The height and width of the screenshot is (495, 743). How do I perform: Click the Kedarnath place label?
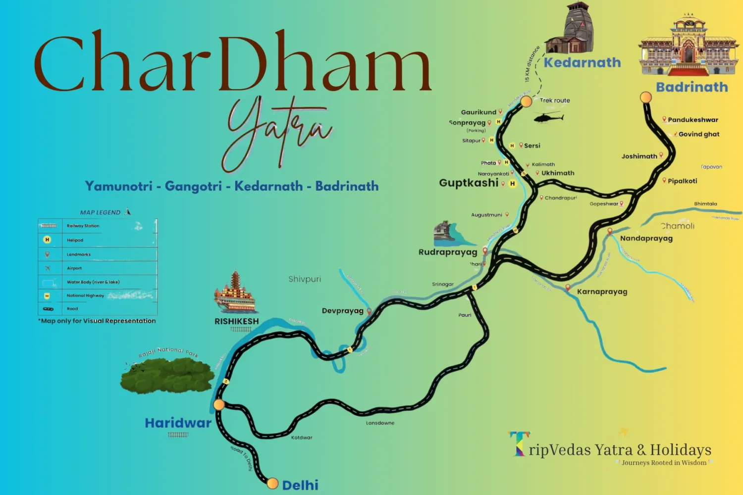pyautogui.click(x=582, y=63)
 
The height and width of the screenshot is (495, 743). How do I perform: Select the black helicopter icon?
pyautogui.click(x=548, y=118)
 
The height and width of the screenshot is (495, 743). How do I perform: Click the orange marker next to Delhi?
pyautogui.click(x=272, y=483)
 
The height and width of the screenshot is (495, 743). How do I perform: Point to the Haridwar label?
pyautogui.click(x=178, y=423)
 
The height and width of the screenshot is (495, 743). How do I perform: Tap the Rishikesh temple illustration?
pyautogui.click(x=235, y=293)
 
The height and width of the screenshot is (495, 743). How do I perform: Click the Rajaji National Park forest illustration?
pyautogui.click(x=167, y=375)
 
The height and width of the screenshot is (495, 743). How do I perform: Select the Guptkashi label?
pyautogui.click(x=469, y=183)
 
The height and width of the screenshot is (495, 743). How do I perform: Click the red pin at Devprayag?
pyautogui.click(x=369, y=311)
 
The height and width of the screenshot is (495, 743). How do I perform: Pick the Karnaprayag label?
pyautogui.click(x=602, y=292)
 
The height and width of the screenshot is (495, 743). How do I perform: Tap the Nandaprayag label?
pyautogui.click(x=646, y=239)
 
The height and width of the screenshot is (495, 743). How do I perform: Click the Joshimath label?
pyautogui.click(x=639, y=156)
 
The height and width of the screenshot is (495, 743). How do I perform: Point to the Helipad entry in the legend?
pyautogui.click(x=75, y=240)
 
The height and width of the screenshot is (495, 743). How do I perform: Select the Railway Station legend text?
pyautogui.click(x=83, y=226)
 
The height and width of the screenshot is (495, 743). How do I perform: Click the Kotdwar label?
pyautogui.click(x=302, y=438)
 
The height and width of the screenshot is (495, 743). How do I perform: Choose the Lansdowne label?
pyautogui.click(x=380, y=423)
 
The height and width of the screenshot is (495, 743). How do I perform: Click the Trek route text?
pyautogui.click(x=555, y=100)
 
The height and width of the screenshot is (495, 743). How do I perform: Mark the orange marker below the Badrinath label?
pyautogui.click(x=646, y=97)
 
